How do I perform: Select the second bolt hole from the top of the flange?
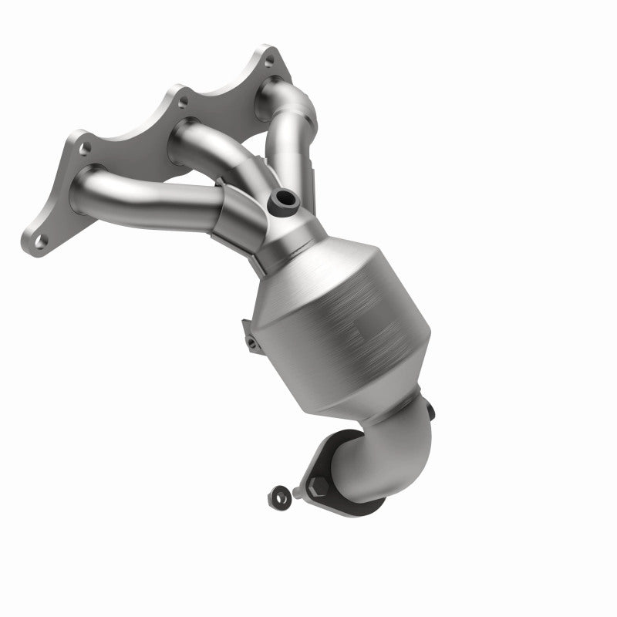point(182,101)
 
